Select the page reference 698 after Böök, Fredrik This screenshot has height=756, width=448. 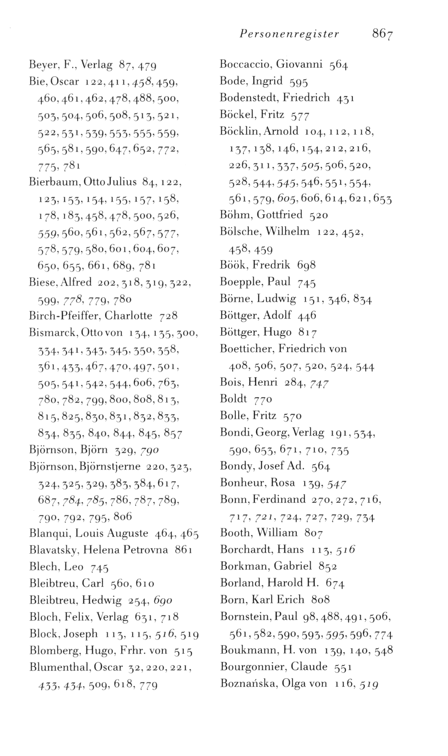[306, 265]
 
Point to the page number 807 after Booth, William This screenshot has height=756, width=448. [313, 533]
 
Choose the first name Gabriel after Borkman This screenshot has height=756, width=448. [293, 566]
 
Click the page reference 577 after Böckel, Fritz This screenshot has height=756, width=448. [300, 115]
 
